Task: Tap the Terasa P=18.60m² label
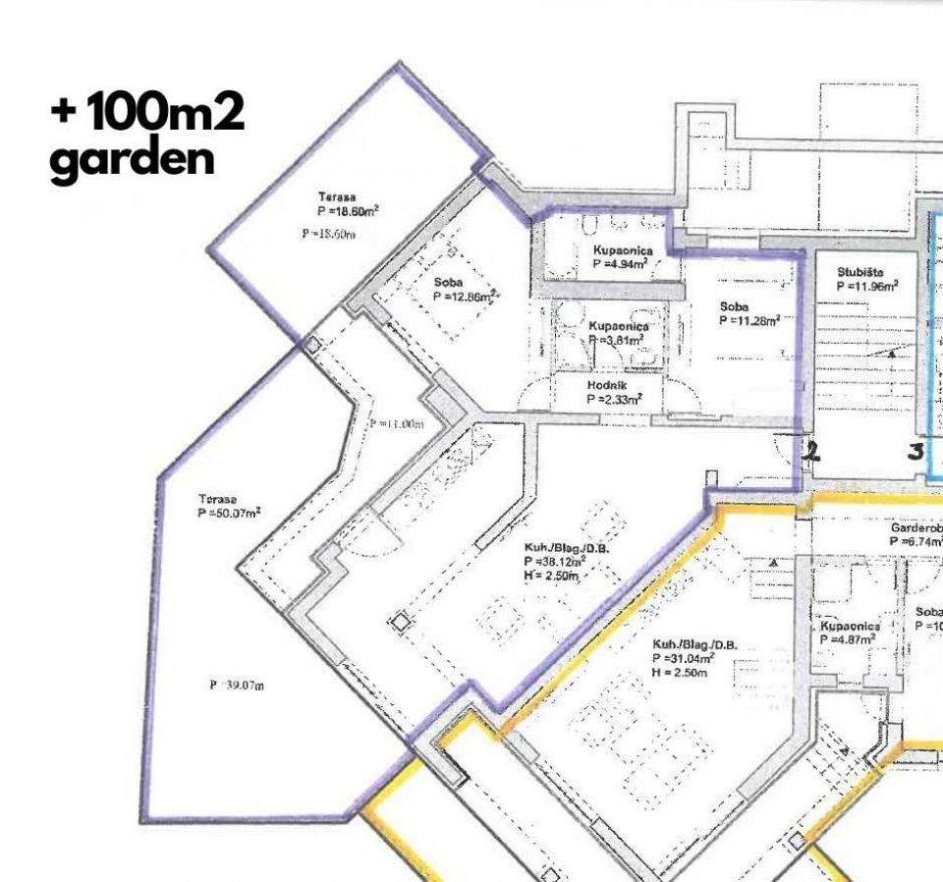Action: click(x=348, y=203)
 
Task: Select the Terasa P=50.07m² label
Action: click(x=228, y=505)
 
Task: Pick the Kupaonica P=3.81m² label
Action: click(x=617, y=332)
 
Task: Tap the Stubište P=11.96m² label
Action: click(x=866, y=279)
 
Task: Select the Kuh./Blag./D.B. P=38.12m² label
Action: click(x=567, y=555)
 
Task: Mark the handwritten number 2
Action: click(x=811, y=452)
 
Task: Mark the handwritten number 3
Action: click(x=915, y=452)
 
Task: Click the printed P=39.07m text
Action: click(x=237, y=685)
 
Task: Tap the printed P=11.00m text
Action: click(x=397, y=423)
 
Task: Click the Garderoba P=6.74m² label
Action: click(x=915, y=533)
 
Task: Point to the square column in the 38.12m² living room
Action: click(x=399, y=623)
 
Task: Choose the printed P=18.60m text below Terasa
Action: click(x=328, y=233)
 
